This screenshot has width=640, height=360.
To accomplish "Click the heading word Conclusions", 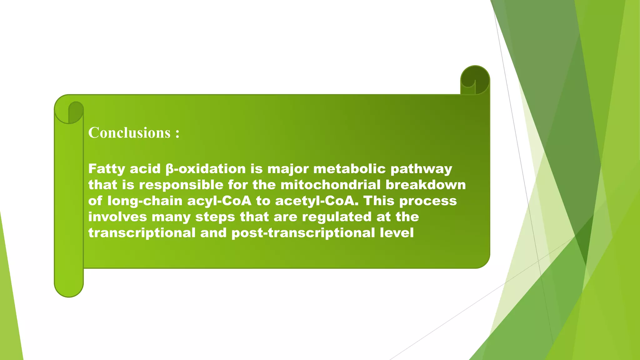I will [129, 133].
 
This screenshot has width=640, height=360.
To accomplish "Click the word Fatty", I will [107, 169].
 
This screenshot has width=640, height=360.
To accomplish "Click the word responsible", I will [181, 185].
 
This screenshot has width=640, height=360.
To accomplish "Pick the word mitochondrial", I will [331, 185].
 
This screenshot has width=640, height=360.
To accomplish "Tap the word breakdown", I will [426, 185].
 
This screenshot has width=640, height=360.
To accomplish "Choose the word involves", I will [117, 217].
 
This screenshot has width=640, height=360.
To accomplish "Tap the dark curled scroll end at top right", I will [475, 79].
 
